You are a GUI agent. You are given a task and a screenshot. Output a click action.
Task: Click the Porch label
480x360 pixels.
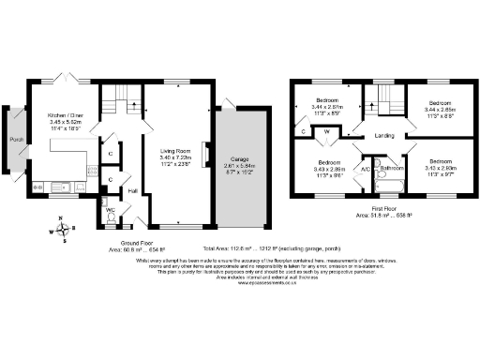point(16,140)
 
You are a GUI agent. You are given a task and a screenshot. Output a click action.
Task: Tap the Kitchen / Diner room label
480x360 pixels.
point(67,114)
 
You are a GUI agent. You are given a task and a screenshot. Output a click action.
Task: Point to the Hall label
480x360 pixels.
point(133,191)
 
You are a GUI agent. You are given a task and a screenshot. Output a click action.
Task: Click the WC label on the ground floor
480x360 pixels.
point(110,210)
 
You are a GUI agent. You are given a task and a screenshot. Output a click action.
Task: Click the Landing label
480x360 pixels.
point(384,136)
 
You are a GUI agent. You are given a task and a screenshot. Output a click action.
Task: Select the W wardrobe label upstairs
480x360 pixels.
point(325,132)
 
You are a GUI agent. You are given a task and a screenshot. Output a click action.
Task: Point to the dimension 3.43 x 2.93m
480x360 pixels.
point(440,168)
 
